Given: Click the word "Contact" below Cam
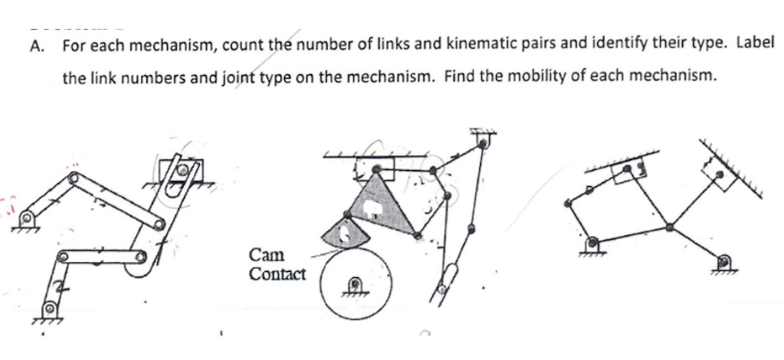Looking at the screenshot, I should tap(277, 273).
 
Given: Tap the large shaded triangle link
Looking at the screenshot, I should tap(377, 204).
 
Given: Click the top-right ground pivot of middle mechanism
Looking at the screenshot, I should tap(482, 139).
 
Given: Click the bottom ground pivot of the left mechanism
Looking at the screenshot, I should tap(50, 309).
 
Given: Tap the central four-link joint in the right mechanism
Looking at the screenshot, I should tap(670, 226).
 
